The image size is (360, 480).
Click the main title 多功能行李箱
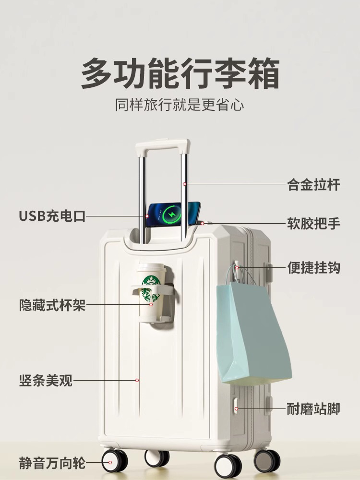(180, 73)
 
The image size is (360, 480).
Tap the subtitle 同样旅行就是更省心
(180, 105)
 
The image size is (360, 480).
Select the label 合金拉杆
(313, 185)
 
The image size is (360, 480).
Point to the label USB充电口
(52, 216)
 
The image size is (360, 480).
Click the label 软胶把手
(313, 224)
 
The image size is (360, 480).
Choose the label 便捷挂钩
(313, 267)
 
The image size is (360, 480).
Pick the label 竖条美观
(46, 381)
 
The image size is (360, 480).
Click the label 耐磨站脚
(313, 409)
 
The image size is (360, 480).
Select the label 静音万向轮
(52, 464)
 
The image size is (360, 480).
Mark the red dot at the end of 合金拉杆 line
(184, 184)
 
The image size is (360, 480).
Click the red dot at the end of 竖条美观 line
(137, 380)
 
